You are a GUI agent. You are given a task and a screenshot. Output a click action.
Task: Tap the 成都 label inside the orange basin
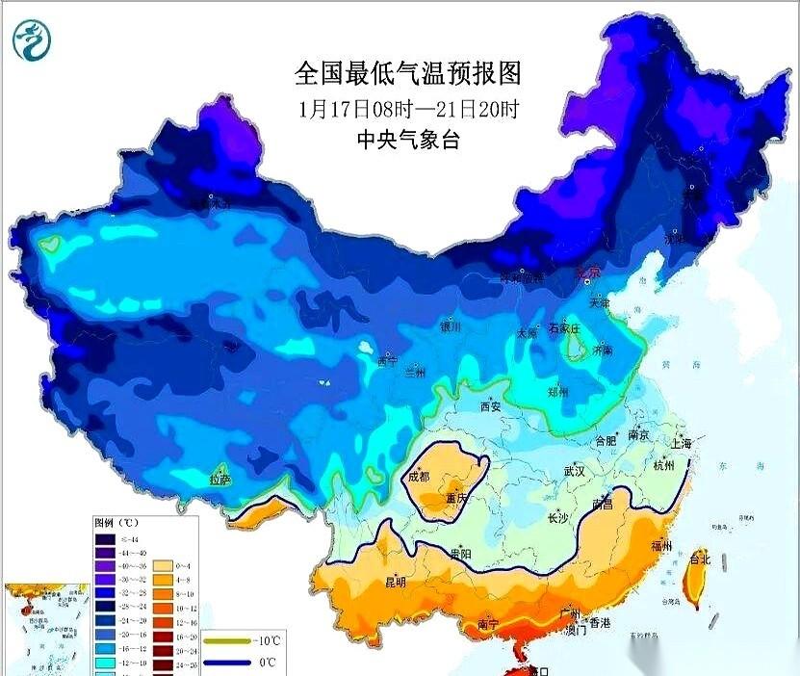pos(419,476)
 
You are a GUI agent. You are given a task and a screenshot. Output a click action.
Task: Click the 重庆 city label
pos(457,499)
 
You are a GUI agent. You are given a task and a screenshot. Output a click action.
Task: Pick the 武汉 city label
pos(576,472)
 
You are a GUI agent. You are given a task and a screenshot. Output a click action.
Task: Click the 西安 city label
pos(491,406)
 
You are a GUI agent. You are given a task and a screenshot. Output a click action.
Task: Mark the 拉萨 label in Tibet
pos(220,479)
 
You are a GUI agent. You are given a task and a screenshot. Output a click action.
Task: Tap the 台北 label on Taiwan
pos(700,557)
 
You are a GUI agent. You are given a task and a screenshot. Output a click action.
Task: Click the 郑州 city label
pos(556,392)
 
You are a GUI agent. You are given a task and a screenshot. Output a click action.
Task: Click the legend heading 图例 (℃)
pos(118,522)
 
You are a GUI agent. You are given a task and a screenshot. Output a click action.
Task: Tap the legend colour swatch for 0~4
pos(164,566)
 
